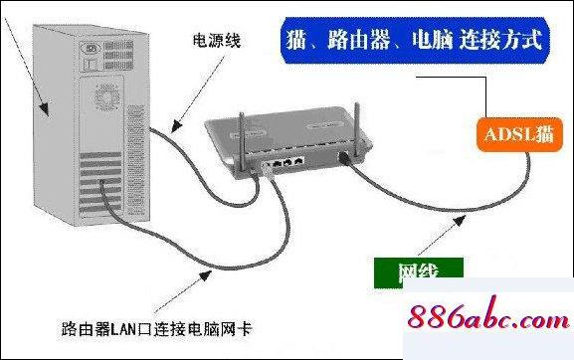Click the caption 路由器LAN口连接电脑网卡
tap(158, 324)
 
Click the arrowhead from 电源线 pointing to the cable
tap(171, 128)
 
